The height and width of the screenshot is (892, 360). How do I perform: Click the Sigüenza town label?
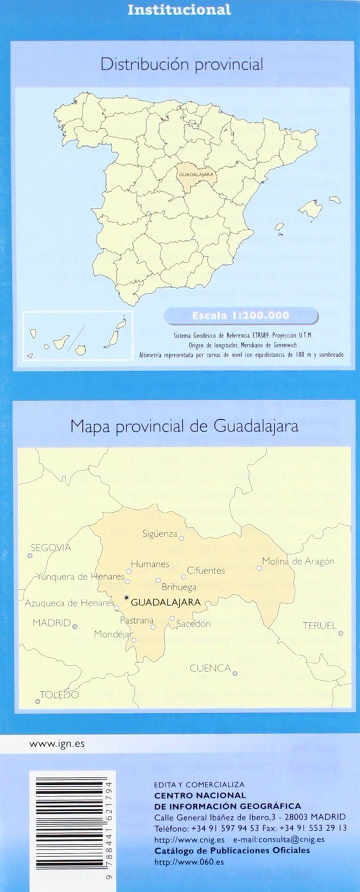[x=159, y=534]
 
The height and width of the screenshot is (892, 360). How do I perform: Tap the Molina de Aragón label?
[x=299, y=561]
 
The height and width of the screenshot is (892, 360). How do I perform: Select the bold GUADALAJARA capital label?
[x=166, y=602]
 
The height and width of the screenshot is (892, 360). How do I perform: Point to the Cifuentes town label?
[x=206, y=570]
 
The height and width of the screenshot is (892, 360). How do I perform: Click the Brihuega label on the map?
[x=179, y=587]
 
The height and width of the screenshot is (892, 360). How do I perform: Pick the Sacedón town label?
[x=194, y=624]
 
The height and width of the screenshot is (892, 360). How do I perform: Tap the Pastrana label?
[x=137, y=620]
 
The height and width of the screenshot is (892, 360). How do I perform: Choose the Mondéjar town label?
[x=113, y=634]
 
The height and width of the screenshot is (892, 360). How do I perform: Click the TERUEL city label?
[x=320, y=625]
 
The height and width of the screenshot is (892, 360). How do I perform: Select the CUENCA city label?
[x=210, y=668]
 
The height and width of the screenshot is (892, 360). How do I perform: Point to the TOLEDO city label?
[x=59, y=695]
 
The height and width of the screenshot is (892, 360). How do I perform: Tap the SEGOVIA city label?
[x=51, y=548]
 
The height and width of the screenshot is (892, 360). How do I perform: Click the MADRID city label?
[x=51, y=623]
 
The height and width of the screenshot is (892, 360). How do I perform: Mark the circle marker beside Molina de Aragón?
[x=259, y=568]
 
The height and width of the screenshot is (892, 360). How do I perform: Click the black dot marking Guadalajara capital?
[x=127, y=598]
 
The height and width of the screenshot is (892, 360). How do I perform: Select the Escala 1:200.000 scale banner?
[x=241, y=316]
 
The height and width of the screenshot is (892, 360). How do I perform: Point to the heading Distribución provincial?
[x=181, y=65]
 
